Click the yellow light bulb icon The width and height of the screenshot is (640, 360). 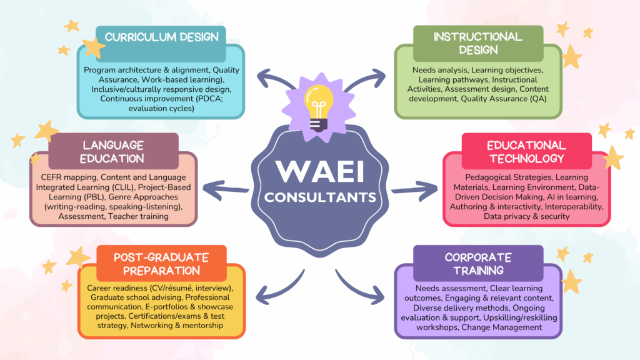pos(319,107)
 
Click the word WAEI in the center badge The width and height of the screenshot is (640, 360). pos(320,172)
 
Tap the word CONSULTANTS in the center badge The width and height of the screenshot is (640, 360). pos(320,197)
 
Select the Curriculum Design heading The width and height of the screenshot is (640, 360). pos(162,37)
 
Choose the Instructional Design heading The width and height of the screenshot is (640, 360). pos(478,43)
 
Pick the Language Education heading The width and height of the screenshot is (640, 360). pos(112,152)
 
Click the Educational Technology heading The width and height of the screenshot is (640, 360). pos(526,152)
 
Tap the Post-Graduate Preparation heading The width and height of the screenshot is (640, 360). pos(161,264)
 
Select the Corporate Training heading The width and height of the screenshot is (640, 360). pos(478,264)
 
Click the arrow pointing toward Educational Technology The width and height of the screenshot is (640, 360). pos(414,191)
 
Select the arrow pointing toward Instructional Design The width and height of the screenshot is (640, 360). pos(364,79)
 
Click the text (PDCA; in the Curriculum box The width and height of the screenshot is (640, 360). pos(209,99)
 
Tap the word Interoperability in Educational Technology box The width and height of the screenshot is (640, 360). pos(574,206)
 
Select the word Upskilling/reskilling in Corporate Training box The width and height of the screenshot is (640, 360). pos(520,317)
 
